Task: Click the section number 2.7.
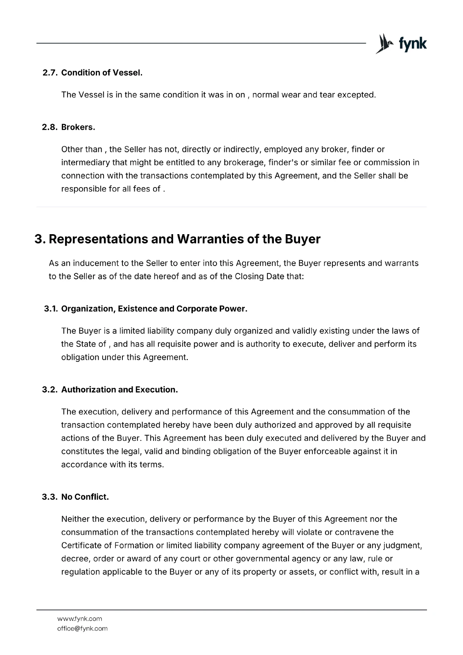[x=51, y=73]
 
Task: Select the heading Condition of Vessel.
[x=102, y=73]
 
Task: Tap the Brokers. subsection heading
[x=78, y=127]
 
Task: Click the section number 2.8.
[x=51, y=127]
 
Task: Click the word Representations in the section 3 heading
[x=98, y=239]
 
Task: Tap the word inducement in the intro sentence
[x=90, y=263]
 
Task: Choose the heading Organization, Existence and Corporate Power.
[x=154, y=309]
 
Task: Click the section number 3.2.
[x=51, y=390]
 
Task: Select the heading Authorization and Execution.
[x=120, y=390]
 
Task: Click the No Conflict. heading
[x=85, y=497]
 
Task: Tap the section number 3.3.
[x=51, y=497]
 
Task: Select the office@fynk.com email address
[x=82, y=628]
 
